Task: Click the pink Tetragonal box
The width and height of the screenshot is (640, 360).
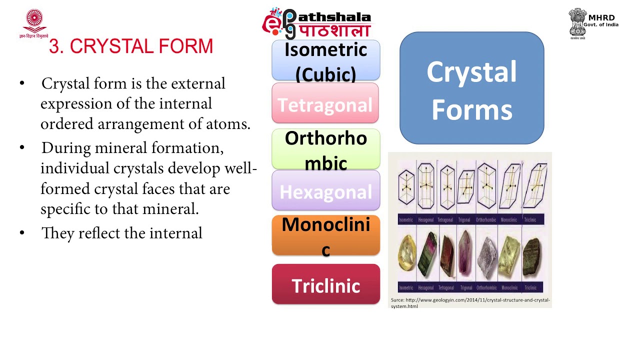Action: (325, 103)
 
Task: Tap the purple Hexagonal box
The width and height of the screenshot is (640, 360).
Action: (325, 190)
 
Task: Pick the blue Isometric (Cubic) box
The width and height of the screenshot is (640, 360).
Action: (325, 60)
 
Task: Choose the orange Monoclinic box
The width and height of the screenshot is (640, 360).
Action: (325, 235)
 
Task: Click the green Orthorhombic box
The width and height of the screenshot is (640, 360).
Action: (325, 149)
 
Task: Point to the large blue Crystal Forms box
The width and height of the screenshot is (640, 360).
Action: (471, 88)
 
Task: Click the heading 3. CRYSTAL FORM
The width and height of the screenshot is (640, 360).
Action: (131, 46)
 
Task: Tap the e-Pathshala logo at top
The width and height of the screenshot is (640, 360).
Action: (317, 23)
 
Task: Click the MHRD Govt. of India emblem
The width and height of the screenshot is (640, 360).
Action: (578, 22)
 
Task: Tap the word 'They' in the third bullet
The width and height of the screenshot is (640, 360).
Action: (58, 233)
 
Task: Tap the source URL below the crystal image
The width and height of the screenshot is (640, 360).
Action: (470, 303)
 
